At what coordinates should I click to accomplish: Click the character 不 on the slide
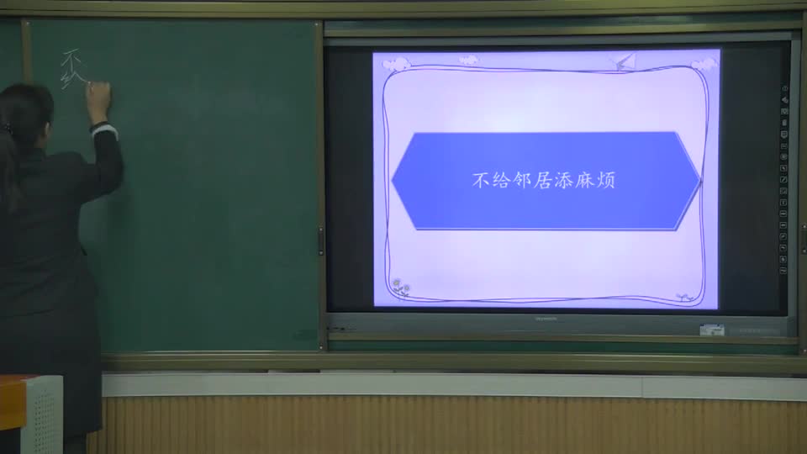(480, 180)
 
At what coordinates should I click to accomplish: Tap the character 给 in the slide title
(501, 180)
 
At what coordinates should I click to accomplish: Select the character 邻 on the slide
(522, 180)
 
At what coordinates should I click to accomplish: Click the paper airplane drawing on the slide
(625, 61)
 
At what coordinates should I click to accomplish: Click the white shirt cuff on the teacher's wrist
(103, 129)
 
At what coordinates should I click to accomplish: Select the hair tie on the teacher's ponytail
(8, 129)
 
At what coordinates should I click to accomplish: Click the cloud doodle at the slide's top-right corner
(702, 64)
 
